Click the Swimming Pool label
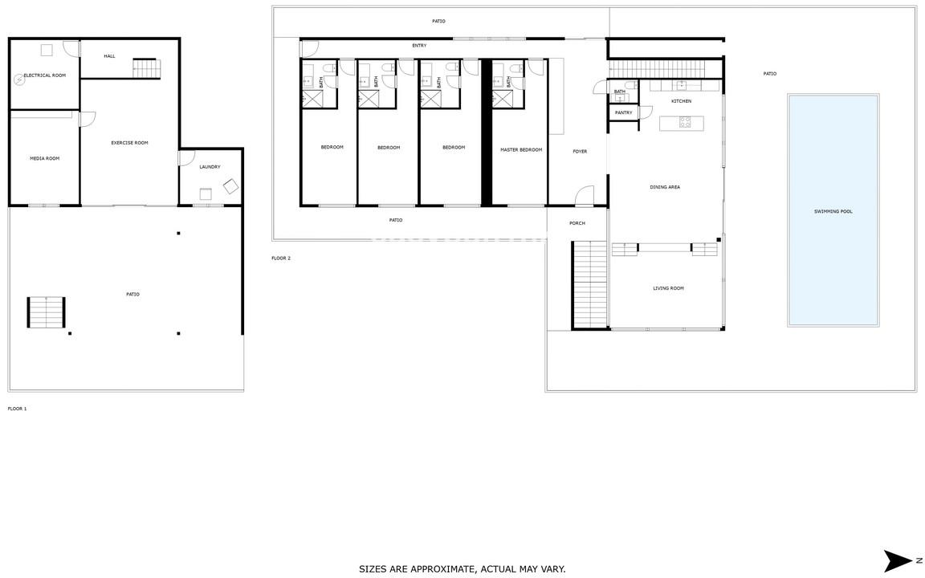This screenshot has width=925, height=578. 833,211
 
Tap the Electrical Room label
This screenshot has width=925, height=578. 45,75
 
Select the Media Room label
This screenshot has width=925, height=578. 45,158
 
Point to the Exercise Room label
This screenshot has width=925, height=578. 130,143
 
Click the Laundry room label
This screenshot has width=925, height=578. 210,167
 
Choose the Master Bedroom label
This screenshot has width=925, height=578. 521,150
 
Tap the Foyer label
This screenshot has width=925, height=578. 580,152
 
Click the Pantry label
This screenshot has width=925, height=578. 624,112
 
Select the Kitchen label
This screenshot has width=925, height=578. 682,101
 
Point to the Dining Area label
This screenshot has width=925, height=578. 665,187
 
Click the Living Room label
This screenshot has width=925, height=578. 668,288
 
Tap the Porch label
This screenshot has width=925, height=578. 577,223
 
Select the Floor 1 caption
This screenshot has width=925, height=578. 17,409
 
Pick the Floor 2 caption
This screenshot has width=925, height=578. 281,258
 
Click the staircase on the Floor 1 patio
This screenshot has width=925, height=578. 46,312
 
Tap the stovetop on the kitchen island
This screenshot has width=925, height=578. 685,123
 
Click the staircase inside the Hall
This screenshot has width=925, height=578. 146,68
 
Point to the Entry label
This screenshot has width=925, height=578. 419,46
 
